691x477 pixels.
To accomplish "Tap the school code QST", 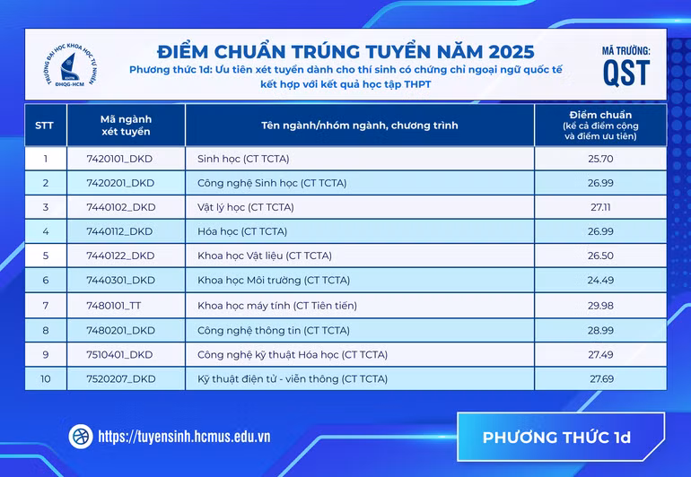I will pos(626,73).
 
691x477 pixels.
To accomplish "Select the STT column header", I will pos(45,126).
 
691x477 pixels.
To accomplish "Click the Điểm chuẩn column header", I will pos(600,126).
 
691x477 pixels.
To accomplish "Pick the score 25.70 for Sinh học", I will pos(600,159).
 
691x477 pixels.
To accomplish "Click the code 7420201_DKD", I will pos(120,183).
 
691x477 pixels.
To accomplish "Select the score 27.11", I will pos(600,207).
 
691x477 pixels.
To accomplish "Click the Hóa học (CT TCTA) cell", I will pos(241,231).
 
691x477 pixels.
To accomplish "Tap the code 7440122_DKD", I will pos(120,256).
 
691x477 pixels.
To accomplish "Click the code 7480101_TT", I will pos(114,305).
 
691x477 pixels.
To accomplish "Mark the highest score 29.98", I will pos(600,305).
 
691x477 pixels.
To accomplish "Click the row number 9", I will pos(45,354).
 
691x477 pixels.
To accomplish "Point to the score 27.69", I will pos(600,379).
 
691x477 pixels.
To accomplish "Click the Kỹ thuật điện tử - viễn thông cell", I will pos(293,379).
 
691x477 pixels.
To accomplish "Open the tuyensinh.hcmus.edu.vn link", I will pos(184,437).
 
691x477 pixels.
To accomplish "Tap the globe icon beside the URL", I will pos(81,437).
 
